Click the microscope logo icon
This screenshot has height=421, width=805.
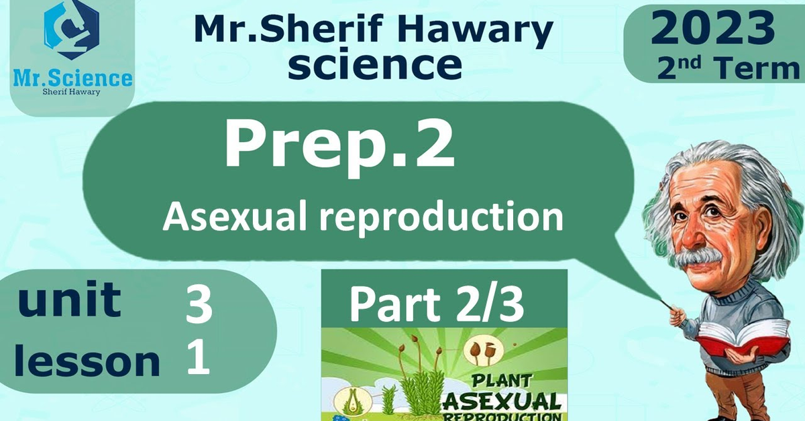point(72,29)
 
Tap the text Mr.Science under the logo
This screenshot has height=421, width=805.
point(72,78)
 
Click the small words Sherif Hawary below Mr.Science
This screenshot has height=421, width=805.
point(72,93)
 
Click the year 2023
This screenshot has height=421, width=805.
point(712,27)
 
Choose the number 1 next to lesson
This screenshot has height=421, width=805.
point(198,357)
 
